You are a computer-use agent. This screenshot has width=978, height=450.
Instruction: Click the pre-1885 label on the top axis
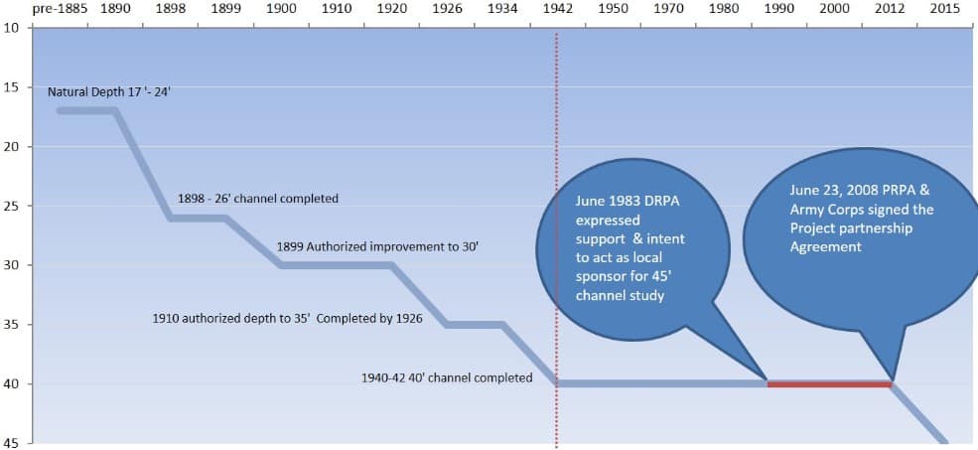60,8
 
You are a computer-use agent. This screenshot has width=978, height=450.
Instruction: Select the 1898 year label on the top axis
171,8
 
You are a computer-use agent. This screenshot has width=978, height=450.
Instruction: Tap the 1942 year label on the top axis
557,8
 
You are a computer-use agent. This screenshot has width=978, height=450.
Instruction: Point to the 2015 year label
944,8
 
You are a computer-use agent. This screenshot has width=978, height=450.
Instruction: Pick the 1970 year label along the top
667,8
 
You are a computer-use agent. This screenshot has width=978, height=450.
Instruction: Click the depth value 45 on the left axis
11,443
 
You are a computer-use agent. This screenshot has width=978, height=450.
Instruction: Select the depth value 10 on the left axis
11,27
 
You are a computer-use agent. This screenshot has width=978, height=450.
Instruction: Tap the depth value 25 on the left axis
11,206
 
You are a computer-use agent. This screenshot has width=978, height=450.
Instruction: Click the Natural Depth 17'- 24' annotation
110,91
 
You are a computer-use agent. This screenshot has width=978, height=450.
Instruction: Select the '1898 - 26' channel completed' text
258,199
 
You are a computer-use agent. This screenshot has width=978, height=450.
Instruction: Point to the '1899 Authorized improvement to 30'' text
377,245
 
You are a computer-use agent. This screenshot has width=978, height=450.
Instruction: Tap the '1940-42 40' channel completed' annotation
447,377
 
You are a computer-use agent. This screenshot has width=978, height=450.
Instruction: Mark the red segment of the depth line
829,383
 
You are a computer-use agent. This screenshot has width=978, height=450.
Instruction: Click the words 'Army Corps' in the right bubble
825,210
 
